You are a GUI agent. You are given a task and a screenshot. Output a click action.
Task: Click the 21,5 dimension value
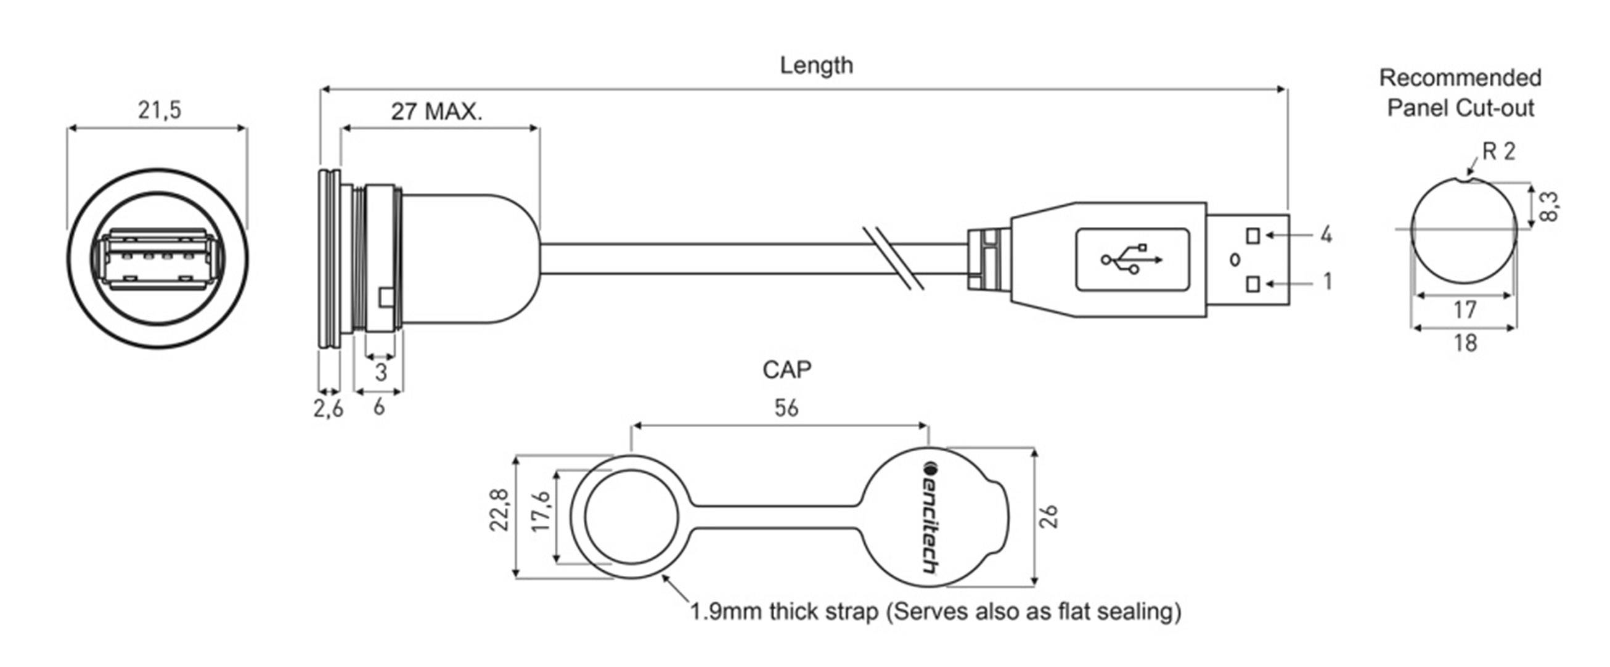159,110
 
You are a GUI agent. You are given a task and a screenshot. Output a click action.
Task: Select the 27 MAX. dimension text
437,112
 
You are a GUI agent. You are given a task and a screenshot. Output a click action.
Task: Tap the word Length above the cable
815,65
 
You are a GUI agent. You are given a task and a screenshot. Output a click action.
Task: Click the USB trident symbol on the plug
1131,259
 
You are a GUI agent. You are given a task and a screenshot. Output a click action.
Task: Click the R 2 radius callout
1499,151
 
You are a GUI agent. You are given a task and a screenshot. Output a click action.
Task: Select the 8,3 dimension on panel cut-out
1549,207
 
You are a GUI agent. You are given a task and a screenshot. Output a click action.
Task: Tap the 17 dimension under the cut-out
1465,309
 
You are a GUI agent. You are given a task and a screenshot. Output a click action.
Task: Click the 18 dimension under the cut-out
1465,343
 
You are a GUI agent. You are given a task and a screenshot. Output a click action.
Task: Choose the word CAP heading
787,369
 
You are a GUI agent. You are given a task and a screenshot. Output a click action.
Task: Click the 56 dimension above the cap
786,408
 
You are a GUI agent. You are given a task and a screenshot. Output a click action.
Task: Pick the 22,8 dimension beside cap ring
499,509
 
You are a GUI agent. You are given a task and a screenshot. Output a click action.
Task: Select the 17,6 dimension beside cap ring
541,510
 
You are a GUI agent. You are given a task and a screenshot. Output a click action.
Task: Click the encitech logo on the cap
930,517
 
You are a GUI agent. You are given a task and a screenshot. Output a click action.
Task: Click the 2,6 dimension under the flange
328,408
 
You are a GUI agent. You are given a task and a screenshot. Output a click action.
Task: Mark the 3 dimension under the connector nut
381,372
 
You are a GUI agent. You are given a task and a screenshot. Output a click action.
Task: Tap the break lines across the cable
893,258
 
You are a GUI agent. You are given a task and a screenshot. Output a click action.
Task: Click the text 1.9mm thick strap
785,611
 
